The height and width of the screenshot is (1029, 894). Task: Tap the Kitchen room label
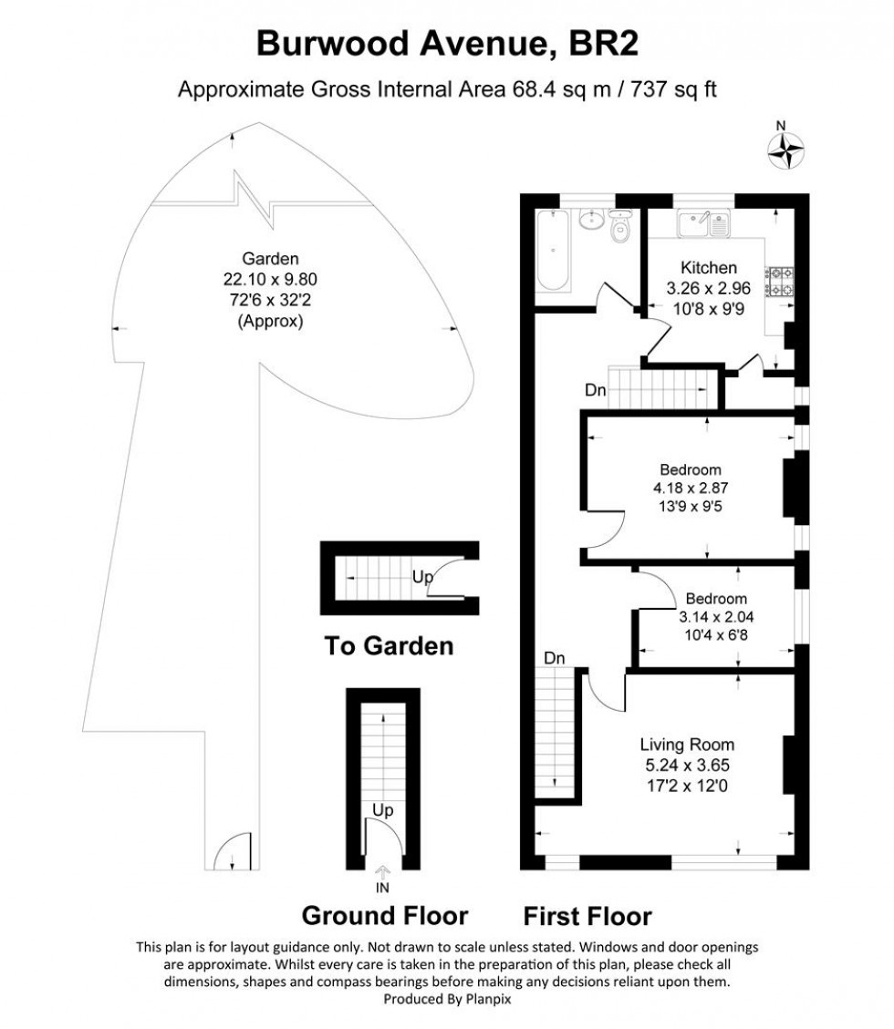(x=709, y=268)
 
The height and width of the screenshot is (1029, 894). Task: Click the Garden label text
(x=256, y=259)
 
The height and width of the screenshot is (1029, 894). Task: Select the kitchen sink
(x=702, y=222)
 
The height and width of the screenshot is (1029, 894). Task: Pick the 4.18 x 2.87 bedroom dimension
(x=691, y=488)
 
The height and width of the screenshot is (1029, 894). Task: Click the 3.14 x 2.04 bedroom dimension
(x=716, y=616)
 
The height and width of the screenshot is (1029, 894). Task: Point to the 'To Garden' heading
(x=389, y=646)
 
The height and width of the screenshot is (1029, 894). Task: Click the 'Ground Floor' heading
(x=385, y=915)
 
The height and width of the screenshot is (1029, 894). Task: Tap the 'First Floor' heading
(x=588, y=916)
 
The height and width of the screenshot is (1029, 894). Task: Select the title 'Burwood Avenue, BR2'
(x=447, y=44)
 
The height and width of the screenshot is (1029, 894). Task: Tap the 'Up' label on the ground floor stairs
(x=382, y=809)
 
